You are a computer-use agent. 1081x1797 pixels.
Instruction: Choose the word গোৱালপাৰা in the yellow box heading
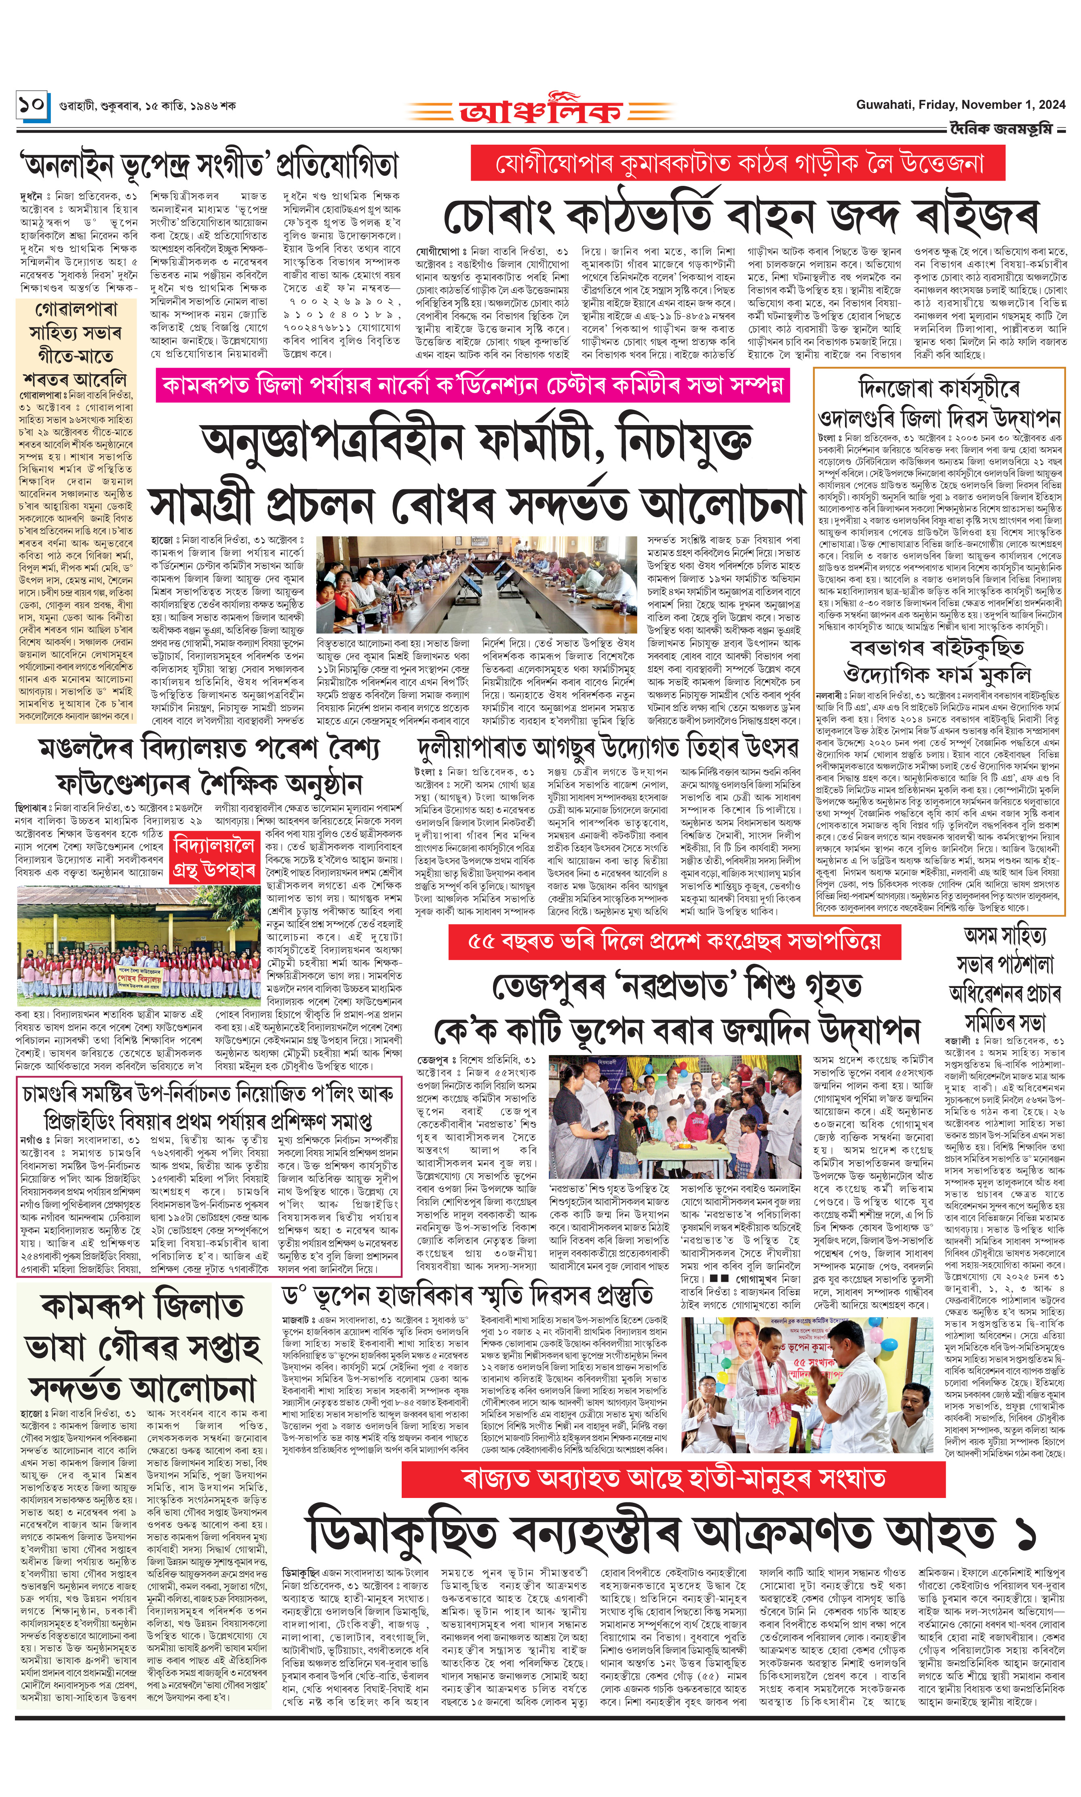tap(76, 310)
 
